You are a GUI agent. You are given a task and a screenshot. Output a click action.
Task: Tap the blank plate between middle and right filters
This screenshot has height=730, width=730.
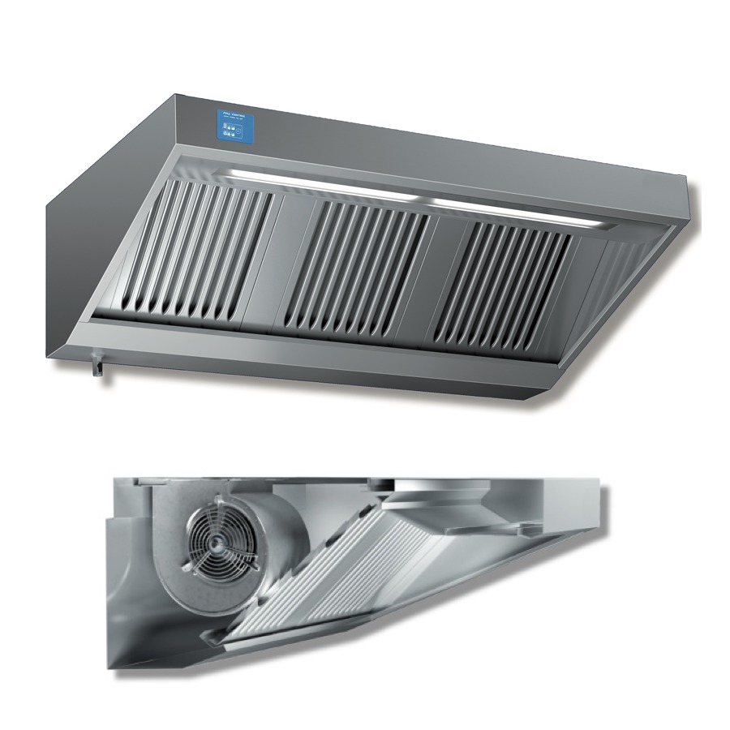pos(426,276)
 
